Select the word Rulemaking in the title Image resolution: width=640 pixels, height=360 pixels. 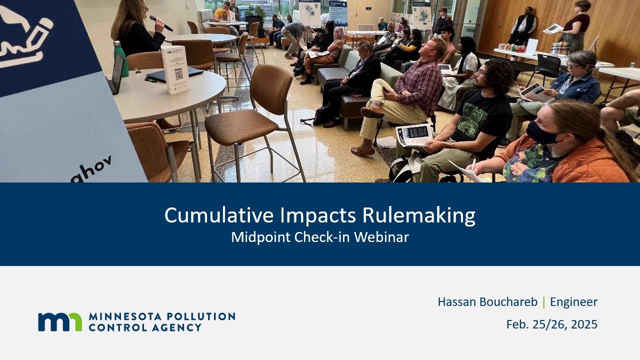(x=418, y=215)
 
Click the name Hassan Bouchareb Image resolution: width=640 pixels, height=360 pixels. (x=487, y=302)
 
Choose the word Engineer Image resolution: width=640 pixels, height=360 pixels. (x=573, y=302)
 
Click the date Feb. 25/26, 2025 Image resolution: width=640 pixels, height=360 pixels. (x=551, y=324)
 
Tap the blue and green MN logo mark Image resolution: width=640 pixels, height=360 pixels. (x=60, y=322)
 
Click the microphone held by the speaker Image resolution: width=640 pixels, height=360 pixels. (x=160, y=22)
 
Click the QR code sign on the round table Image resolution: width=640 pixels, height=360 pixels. (x=175, y=70)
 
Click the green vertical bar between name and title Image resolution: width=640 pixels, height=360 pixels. (x=543, y=302)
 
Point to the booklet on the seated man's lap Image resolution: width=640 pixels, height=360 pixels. (x=414, y=134)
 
